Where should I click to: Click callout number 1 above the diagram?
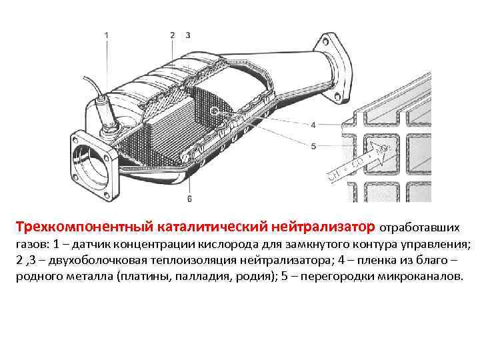tap(107, 34)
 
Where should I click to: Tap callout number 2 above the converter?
tap(173, 34)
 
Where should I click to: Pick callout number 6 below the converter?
tap(189, 198)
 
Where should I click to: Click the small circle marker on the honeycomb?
tap(214, 110)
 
